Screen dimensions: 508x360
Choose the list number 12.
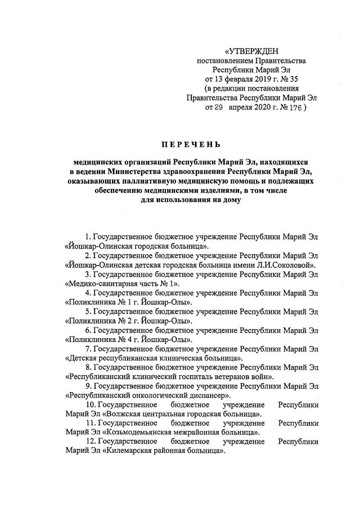[x=90, y=442]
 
